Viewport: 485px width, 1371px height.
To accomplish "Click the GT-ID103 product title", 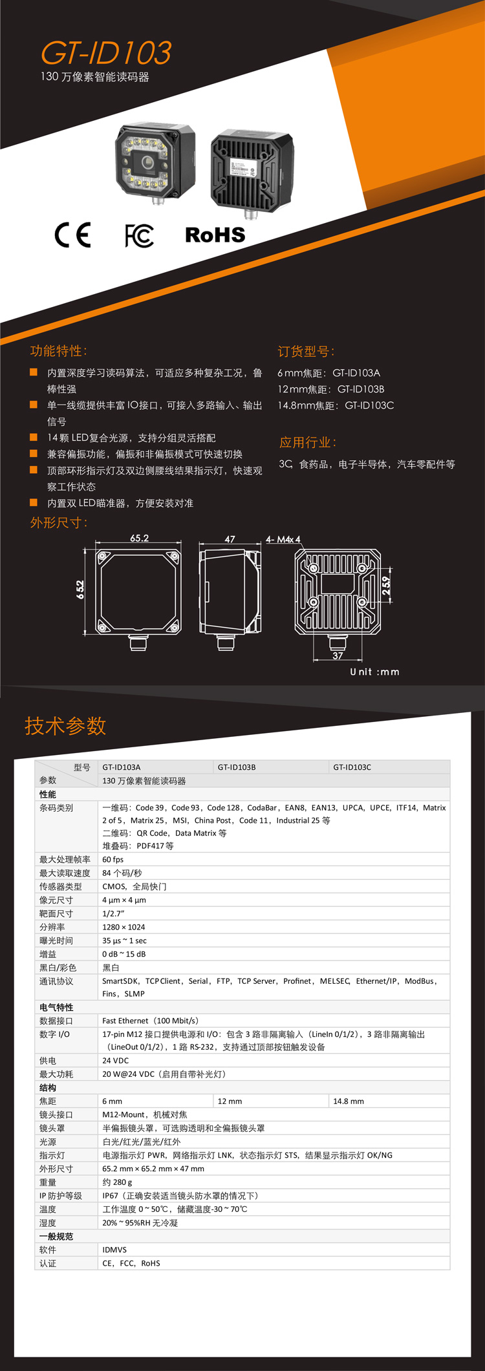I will click(x=107, y=53).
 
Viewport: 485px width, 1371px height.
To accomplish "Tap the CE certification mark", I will click(x=72, y=235).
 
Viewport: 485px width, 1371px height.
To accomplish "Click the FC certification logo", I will click(x=139, y=236).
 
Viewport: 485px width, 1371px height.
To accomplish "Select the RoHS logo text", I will click(x=215, y=235).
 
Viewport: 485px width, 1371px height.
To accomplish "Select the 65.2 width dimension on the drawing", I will click(x=139, y=538).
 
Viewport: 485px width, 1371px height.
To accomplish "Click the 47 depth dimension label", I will click(x=230, y=539).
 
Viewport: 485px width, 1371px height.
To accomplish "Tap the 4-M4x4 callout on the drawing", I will click(x=283, y=539).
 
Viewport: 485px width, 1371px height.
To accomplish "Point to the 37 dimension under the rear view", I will click(x=338, y=655).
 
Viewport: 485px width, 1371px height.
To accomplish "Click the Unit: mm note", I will click(x=374, y=672).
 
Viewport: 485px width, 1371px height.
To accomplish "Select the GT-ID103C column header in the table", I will click(x=352, y=767).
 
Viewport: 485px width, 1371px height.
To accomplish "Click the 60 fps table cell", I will click(x=113, y=860).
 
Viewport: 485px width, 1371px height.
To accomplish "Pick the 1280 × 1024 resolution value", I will click(x=124, y=927).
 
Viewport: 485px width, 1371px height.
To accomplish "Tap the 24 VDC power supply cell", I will click(x=116, y=1061).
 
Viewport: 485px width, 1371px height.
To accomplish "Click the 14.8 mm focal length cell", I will click(x=349, y=1101).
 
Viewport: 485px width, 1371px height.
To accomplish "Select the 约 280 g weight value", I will click(x=117, y=1182).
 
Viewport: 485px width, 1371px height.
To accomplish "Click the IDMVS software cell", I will click(x=114, y=1250).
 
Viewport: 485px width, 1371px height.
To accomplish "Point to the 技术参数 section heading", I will click(x=65, y=726).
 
